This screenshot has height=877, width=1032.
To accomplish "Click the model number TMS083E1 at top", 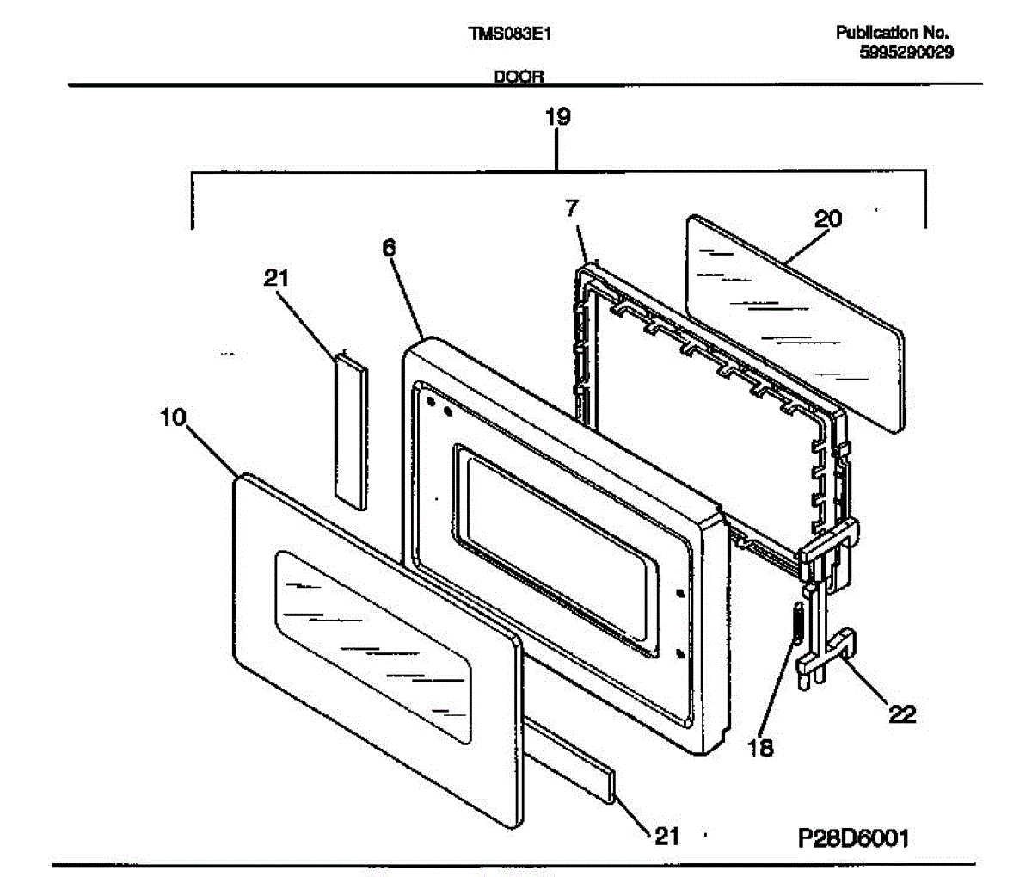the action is (509, 34).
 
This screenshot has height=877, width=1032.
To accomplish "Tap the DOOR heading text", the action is (519, 77).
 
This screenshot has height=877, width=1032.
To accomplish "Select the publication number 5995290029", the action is (906, 52).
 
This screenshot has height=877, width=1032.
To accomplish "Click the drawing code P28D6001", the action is (853, 838).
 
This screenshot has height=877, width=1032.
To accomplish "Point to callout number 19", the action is (557, 117).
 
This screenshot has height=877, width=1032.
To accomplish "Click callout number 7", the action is (572, 208).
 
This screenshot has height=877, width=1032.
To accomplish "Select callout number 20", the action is (828, 219).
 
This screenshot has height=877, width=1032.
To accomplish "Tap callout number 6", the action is (389, 248).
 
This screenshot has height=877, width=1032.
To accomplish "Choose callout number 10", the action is (173, 417).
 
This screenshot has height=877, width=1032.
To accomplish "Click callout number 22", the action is (903, 714).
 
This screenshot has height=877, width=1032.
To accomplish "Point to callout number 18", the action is (760, 748).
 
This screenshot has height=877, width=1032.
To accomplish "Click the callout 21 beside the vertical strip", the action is (276, 278).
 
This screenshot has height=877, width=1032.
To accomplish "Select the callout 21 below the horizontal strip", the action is (667, 836).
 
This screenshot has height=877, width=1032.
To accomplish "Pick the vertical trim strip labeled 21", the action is (351, 429).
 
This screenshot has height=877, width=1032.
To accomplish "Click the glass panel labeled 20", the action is (795, 324).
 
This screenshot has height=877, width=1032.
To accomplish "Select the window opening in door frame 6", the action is (556, 548).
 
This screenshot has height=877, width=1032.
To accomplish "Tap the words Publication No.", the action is (892, 33).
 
